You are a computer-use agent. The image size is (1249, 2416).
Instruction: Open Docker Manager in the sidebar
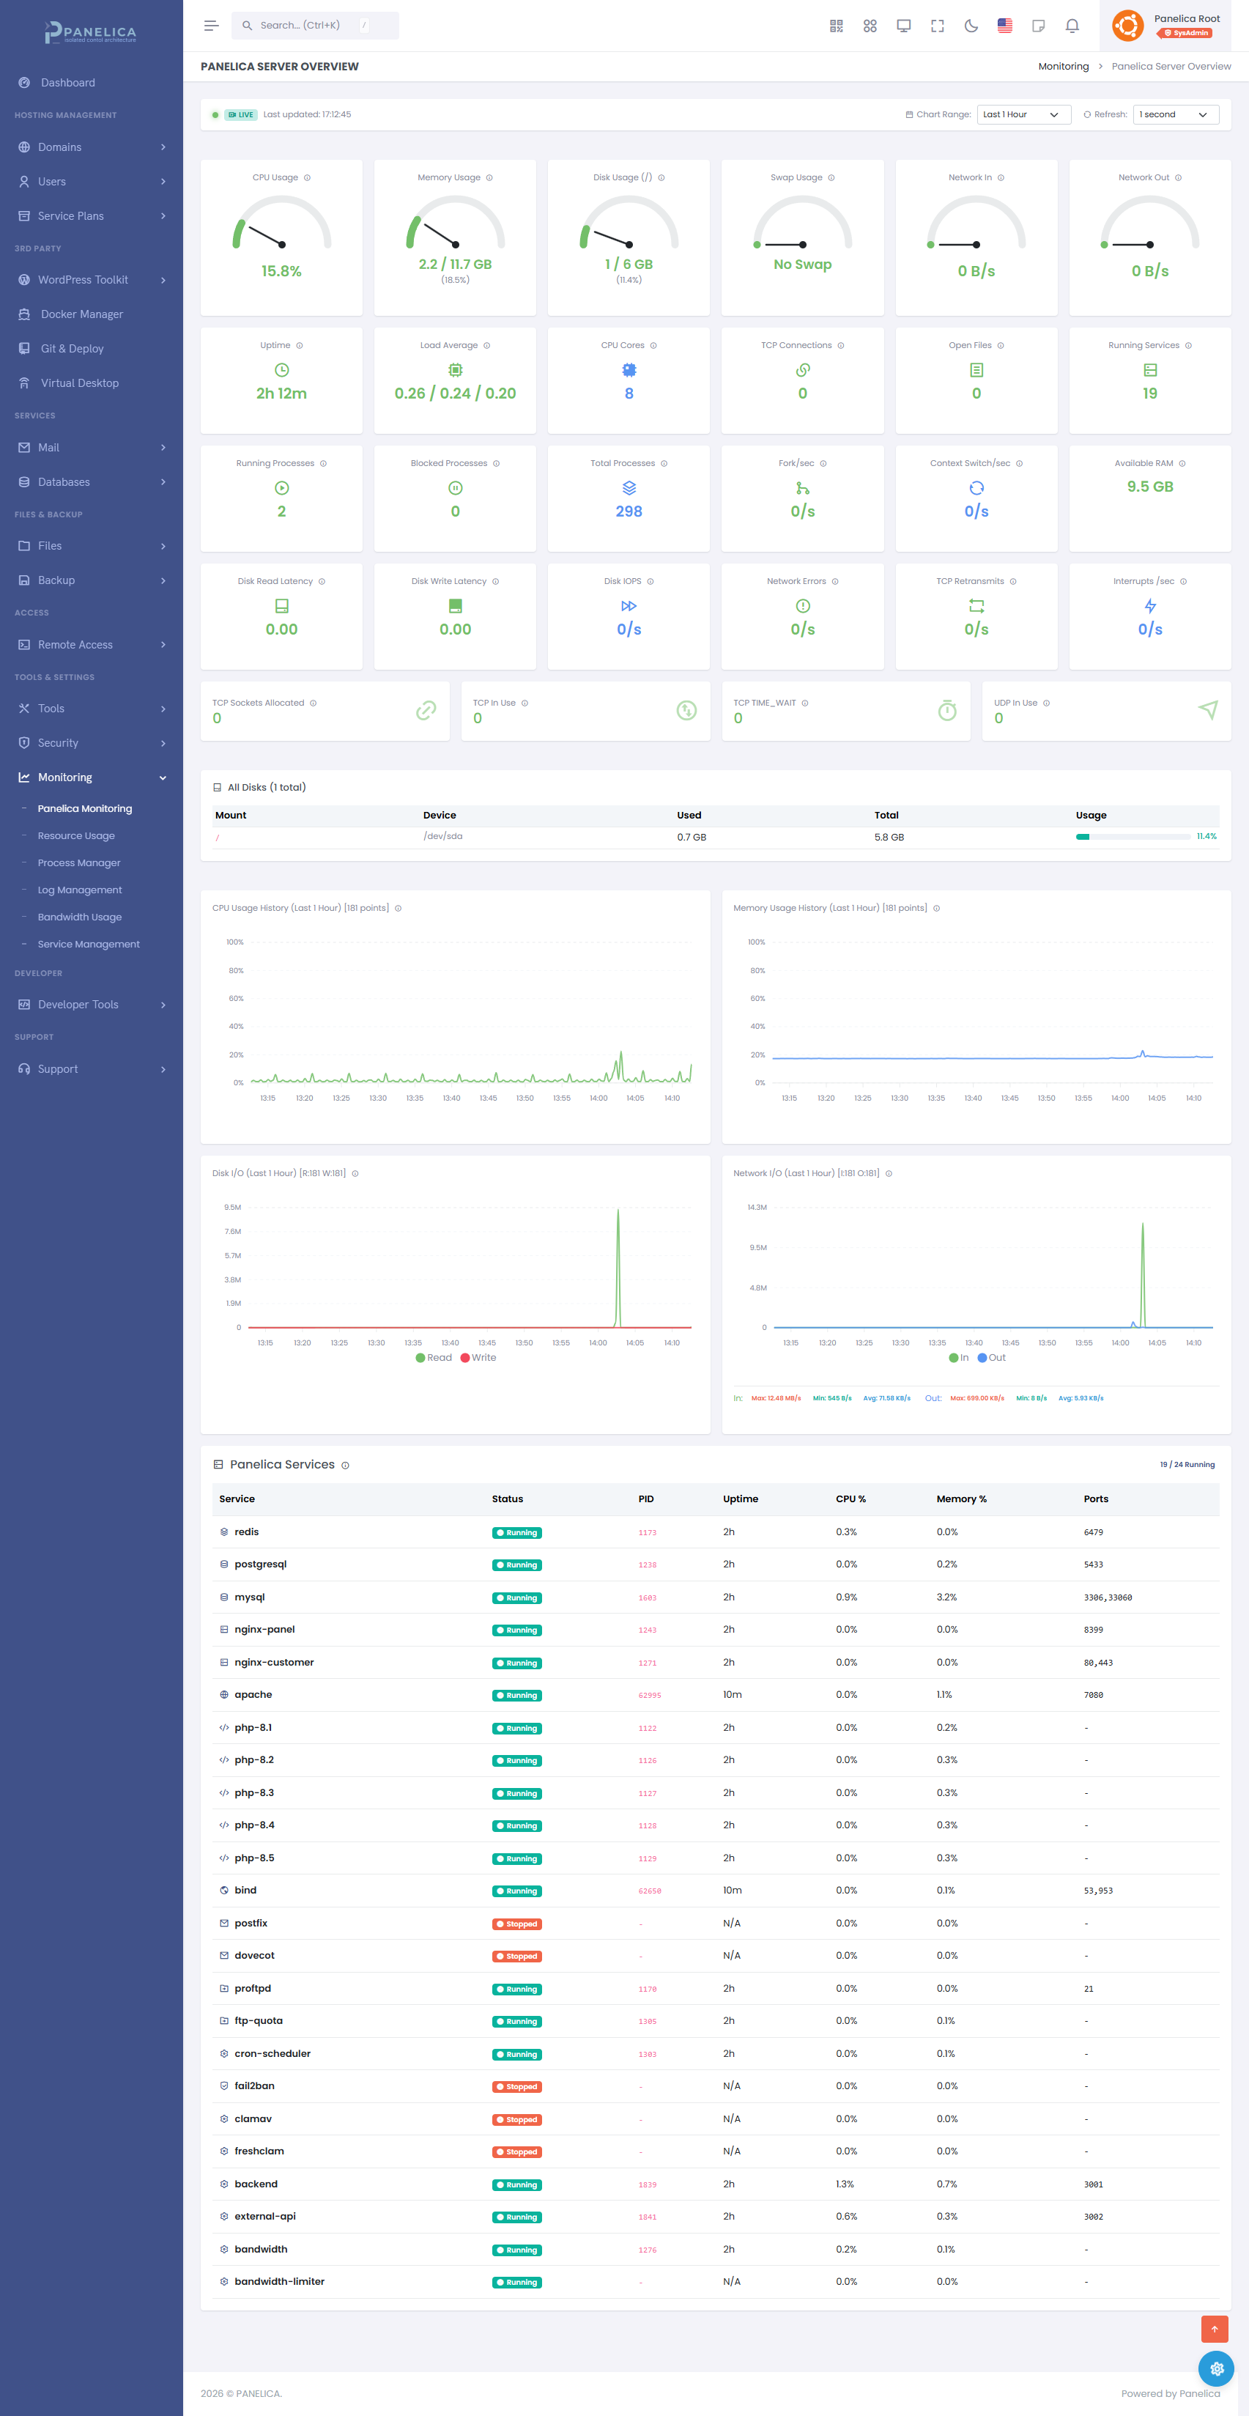pyautogui.click(x=81, y=314)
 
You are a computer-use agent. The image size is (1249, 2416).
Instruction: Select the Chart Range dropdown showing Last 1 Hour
pyautogui.click(x=1023, y=114)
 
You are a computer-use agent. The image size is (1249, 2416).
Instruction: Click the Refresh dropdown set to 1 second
pyautogui.click(x=1175, y=114)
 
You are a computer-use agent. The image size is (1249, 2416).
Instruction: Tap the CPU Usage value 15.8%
pyautogui.click(x=281, y=271)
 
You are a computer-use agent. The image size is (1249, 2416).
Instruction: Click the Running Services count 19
pyautogui.click(x=1149, y=393)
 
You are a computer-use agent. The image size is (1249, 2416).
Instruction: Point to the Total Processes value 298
pyautogui.click(x=629, y=511)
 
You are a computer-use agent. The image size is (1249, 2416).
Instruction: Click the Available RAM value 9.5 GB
pyautogui.click(x=1149, y=487)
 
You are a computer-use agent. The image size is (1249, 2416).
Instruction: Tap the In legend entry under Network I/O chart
pyautogui.click(x=959, y=1357)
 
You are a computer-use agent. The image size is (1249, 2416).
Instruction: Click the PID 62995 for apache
pyautogui.click(x=649, y=1696)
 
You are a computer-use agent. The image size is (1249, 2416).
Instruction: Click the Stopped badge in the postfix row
pyautogui.click(x=516, y=1924)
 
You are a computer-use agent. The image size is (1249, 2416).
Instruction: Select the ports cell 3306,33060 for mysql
pyautogui.click(x=1108, y=1597)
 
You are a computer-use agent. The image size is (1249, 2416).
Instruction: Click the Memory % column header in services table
pyautogui.click(x=961, y=1499)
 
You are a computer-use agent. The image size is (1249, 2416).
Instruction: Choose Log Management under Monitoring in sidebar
pyautogui.click(x=80, y=890)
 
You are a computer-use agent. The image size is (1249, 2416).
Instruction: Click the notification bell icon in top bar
pyautogui.click(x=1072, y=26)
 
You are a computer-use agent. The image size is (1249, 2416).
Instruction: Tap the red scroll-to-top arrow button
pyautogui.click(x=1215, y=2329)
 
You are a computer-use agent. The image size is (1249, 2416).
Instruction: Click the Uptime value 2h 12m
pyautogui.click(x=281, y=393)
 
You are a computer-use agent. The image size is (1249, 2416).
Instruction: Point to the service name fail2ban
pyautogui.click(x=254, y=2086)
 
